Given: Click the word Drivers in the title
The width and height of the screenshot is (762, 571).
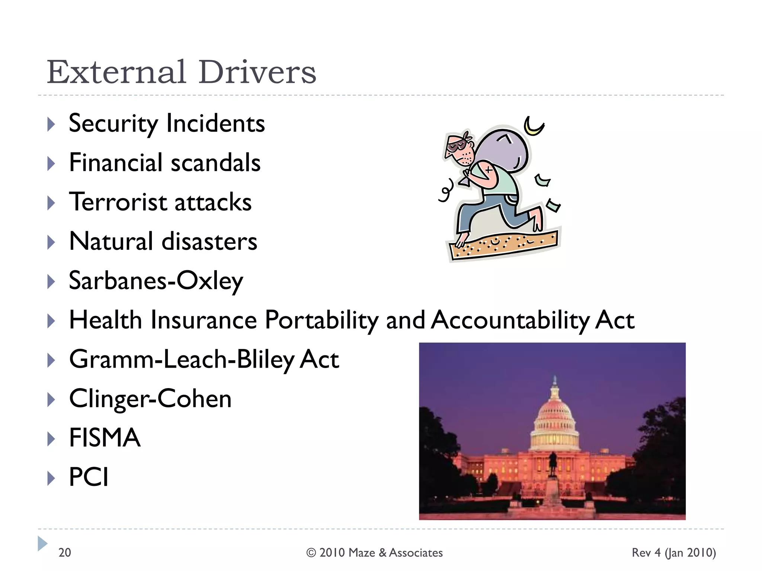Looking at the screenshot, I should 257,72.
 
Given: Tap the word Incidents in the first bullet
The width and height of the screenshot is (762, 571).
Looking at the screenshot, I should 215,123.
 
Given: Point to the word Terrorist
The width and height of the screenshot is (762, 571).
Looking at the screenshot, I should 118,202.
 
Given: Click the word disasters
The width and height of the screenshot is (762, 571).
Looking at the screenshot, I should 209,242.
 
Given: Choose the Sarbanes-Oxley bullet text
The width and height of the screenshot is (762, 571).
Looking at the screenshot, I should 156,281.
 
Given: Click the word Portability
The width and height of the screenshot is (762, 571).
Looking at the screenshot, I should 321,320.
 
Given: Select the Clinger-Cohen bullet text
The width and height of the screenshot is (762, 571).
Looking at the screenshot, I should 150,399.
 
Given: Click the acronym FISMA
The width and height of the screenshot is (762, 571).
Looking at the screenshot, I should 105,438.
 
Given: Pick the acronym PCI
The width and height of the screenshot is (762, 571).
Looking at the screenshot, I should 89,477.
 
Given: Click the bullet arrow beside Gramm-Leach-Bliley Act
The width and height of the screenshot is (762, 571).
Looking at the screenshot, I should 51,360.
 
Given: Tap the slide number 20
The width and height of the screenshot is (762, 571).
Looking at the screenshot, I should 65,553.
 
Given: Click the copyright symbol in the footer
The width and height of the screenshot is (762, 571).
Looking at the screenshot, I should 311,553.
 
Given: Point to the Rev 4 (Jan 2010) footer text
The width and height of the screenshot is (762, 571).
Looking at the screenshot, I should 673,553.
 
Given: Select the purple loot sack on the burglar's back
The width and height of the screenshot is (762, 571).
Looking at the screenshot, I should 502,149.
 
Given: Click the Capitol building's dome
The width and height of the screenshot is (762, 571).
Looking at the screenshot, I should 555,413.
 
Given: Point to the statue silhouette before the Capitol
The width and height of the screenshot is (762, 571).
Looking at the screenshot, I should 553,463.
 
